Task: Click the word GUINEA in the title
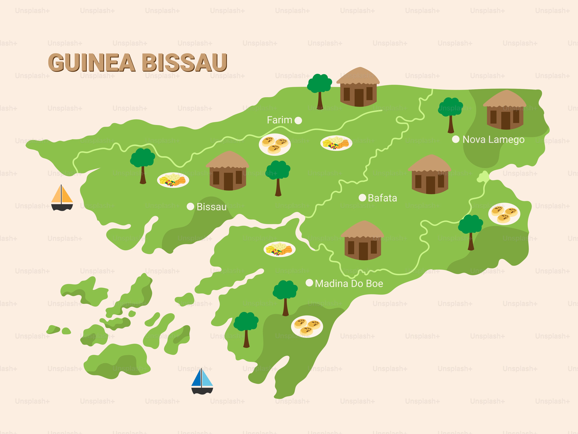pyautogui.click(x=91, y=63)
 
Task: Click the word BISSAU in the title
pyautogui.click(x=184, y=63)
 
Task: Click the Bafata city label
pyautogui.click(x=382, y=198)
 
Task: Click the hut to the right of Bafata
pyautogui.click(x=430, y=175)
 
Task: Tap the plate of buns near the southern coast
pyautogui.click(x=307, y=327)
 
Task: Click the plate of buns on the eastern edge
pyautogui.click(x=504, y=214)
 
